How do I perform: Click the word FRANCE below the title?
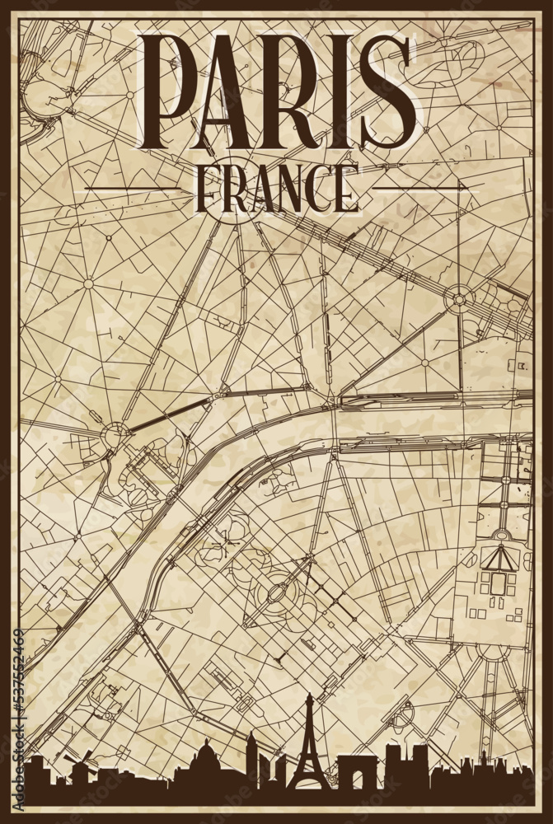[x=276, y=190]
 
